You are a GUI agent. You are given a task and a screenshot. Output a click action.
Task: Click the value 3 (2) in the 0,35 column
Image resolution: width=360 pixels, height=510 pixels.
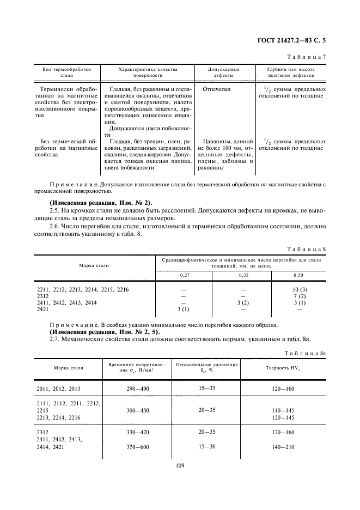242,302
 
